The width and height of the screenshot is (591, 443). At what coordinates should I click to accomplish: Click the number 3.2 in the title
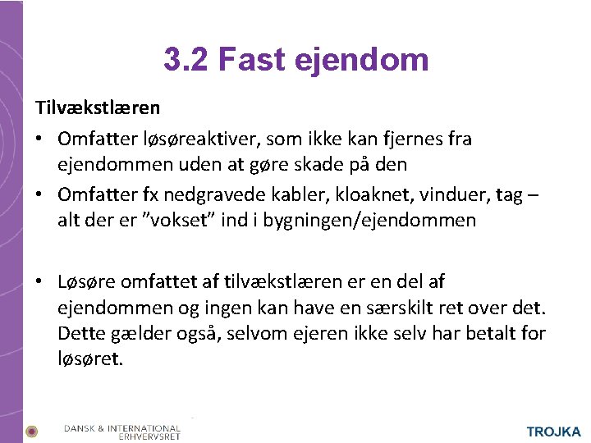click(x=186, y=59)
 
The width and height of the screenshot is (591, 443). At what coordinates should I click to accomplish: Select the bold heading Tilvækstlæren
click(x=97, y=107)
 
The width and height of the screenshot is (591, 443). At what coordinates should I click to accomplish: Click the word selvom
click(x=259, y=334)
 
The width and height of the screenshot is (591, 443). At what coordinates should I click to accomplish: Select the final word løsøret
click(x=90, y=359)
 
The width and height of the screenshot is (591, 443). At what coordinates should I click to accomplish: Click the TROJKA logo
click(x=553, y=432)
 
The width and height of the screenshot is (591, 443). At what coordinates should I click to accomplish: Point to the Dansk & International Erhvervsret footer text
click(x=122, y=432)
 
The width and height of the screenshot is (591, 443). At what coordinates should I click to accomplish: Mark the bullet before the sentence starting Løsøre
click(x=39, y=283)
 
